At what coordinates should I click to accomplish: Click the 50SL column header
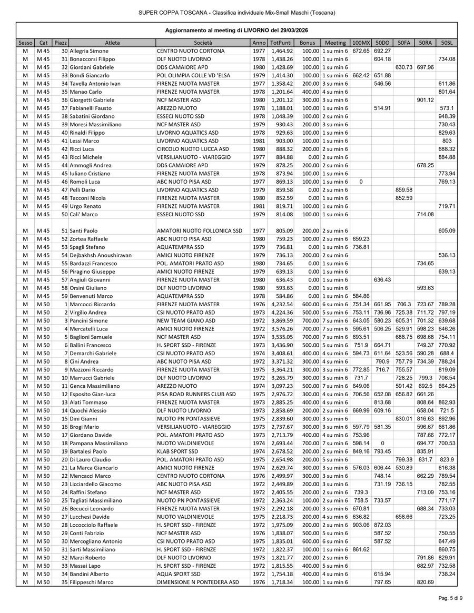447,42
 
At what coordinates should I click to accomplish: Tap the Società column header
203,42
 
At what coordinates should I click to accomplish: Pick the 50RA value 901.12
426,100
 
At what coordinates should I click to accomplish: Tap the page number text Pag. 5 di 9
451,598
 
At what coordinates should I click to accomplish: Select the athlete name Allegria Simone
89,51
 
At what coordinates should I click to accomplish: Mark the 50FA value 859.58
404,189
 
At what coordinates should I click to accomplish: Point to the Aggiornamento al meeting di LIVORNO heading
236,31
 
